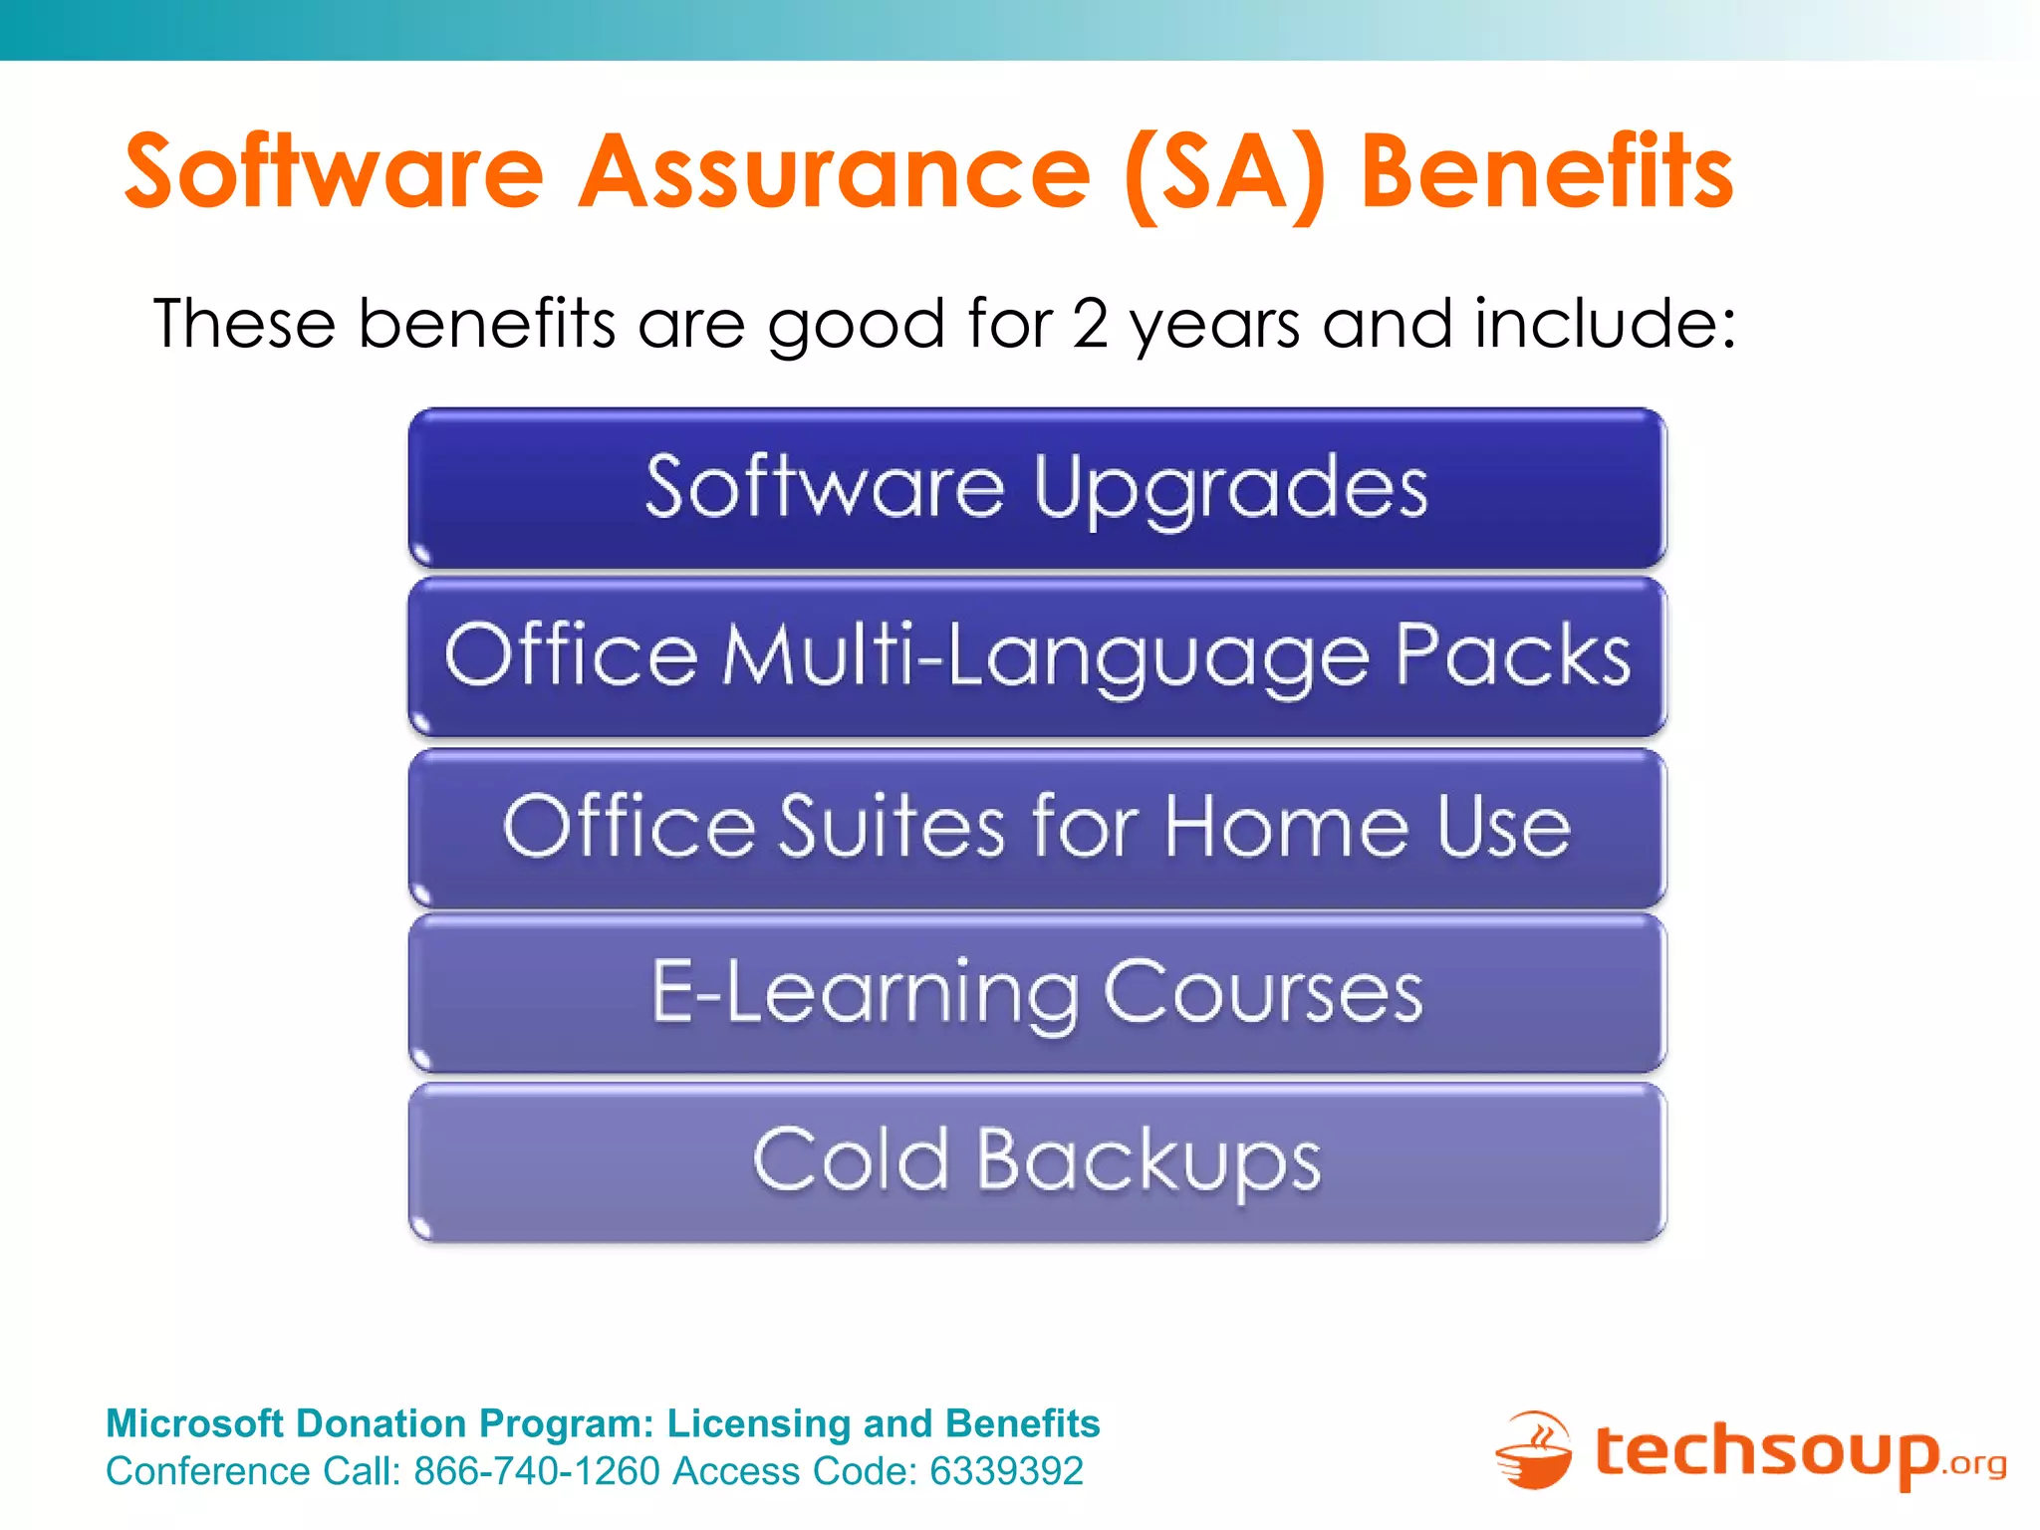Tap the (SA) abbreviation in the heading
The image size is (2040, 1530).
[x=1225, y=175]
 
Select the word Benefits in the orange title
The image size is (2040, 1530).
[x=1547, y=173]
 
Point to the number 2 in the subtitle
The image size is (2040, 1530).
[x=1090, y=325]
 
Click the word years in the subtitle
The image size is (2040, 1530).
[x=1214, y=327]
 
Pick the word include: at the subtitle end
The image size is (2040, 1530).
[x=1605, y=325]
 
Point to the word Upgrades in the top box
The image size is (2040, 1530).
[x=1230, y=489]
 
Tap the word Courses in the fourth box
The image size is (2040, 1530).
[x=1263, y=992]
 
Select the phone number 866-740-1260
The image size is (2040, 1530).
[x=537, y=1471]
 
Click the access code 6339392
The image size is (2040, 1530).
[x=1006, y=1471]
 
